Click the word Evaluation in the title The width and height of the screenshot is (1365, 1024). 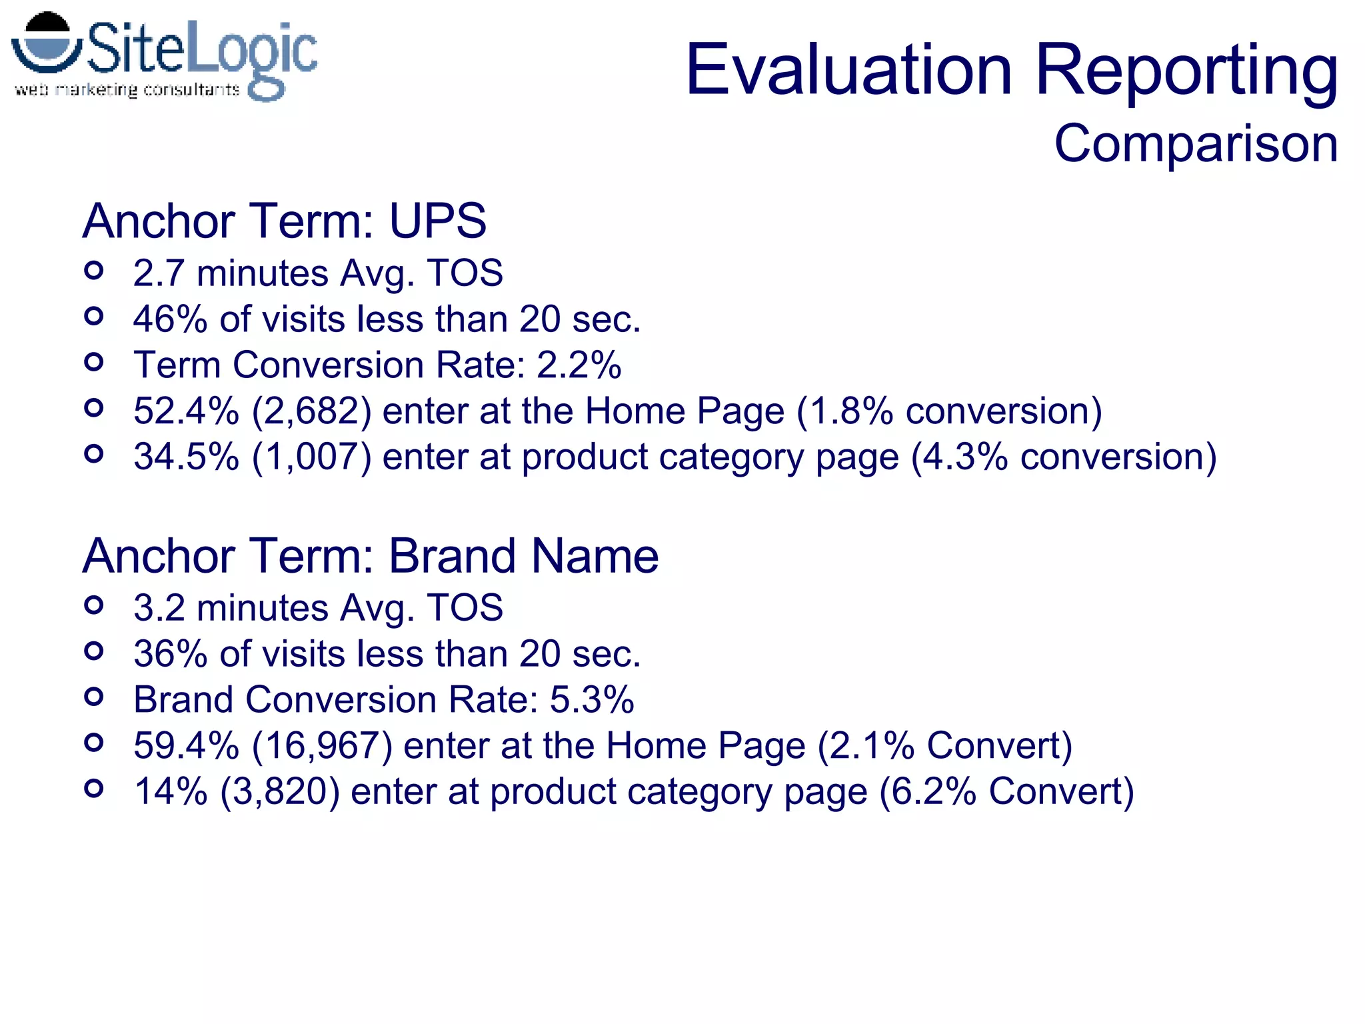pos(848,70)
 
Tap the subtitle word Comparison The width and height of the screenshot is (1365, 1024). pos(1196,143)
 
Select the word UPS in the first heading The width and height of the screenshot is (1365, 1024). pos(437,221)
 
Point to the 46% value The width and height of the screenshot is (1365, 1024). pos(170,319)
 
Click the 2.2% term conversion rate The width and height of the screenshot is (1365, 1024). pos(579,365)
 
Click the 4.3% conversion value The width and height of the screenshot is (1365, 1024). pos(959,457)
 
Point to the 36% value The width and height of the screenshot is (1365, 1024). pos(170,654)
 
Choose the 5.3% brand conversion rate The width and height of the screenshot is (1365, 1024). pos(591,700)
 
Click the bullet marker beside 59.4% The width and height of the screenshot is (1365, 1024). pos(94,743)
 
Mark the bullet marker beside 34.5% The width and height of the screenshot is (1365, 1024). pos(94,454)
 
